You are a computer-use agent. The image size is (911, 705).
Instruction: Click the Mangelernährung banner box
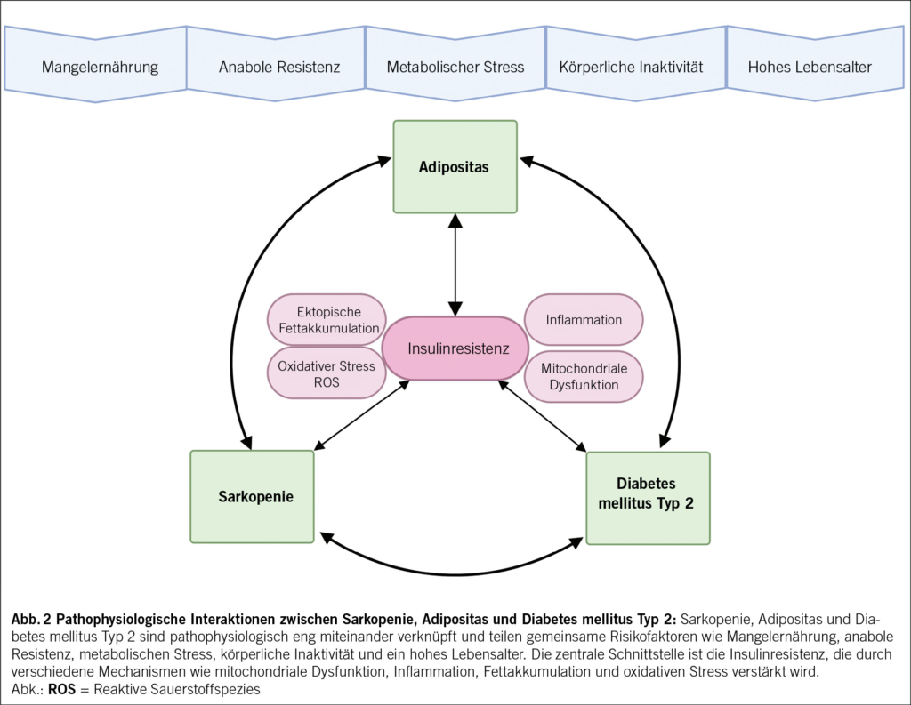coord(96,65)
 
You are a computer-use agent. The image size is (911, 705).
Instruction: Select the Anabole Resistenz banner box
coord(276,65)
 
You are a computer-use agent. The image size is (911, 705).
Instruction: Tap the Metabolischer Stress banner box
coord(455,65)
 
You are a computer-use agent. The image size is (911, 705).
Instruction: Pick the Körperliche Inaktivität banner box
coord(636,65)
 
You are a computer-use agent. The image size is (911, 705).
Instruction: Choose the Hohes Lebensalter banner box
coord(815,65)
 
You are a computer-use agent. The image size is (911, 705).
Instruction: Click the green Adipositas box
coord(455,166)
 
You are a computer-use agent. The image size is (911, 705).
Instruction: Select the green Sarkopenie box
coord(252,496)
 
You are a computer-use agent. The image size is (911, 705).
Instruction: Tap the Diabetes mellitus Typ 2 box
coord(648,498)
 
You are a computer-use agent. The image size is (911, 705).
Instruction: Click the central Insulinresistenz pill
coord(455,348)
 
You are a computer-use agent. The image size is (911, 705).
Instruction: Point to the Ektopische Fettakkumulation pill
coord(327,320)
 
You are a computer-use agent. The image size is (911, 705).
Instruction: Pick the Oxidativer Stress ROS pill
coord(327,373)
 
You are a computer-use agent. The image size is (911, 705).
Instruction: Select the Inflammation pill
coord(584,320)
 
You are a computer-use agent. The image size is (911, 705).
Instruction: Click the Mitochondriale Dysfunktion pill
coord(584,376)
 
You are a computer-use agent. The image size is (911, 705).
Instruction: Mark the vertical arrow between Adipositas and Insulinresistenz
coord(455,265)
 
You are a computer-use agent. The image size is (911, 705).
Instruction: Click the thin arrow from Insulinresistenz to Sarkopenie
coord(361,415)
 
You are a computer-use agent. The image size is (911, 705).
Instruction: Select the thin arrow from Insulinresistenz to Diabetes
coord(543,416)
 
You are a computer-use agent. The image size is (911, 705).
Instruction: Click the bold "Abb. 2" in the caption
coord(31,619)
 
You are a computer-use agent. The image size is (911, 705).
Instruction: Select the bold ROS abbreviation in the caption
coord(61,689)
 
